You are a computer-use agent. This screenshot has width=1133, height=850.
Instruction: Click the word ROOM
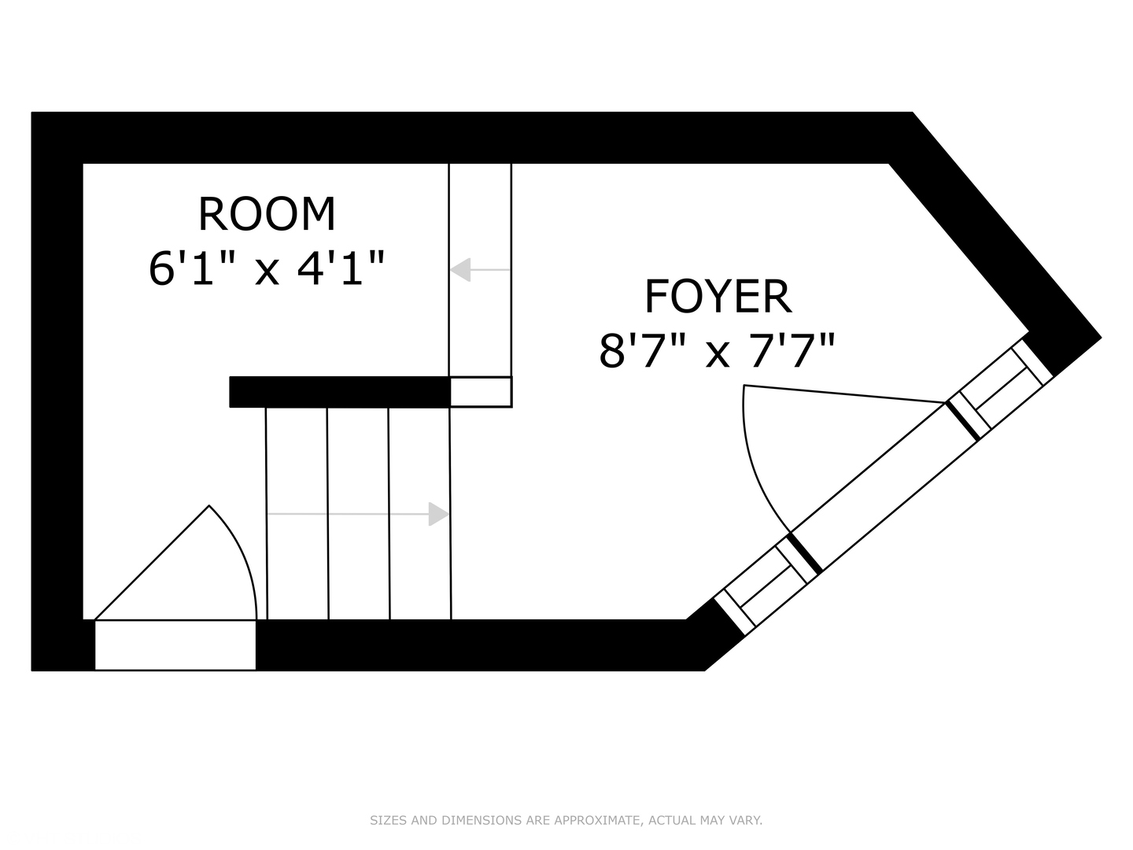pyautogui.click(x=267, y=213)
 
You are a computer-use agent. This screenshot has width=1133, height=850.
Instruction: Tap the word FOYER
pyautogui.click(x=718, y=296)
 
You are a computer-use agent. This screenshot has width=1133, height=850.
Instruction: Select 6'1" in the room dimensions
pyautogui.click(x=188, y=268)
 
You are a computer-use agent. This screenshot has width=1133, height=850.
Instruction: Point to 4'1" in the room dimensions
pyautogui.click(x=341, y=268)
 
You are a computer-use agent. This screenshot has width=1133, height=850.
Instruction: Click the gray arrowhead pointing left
pyautogui.click(x=460, y=269)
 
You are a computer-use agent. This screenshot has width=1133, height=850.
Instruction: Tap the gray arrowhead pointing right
pyautogui.click(x=439, y=514)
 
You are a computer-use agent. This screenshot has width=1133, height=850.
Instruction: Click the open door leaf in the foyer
pyautogui.click(x=844, y=394)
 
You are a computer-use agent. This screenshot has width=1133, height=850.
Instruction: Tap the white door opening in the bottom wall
pyautogui.click(x=175, y=645)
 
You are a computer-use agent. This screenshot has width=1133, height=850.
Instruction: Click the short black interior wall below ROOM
pyautogui.click(x=340, y=392)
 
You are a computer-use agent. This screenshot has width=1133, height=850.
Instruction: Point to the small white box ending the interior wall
pyautogui.click(x=481, y=392)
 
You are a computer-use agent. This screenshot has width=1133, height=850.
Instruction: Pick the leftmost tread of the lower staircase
pyautogui.click(x=297, y=513)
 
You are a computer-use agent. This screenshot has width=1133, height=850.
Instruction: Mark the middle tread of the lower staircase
pyautogui.click(x=359, y=513)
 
